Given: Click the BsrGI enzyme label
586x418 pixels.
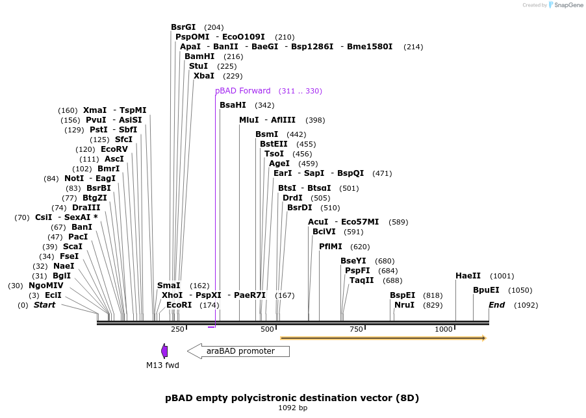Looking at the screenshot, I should [x=183, y=27].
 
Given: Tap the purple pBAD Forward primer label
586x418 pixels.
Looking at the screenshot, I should [x=243, y=91].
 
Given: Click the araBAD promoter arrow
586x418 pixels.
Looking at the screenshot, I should [x=238, y=351].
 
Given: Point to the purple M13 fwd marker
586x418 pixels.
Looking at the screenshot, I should [x=165, y=351].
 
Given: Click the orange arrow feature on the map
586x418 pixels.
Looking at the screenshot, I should [x=383, y=338].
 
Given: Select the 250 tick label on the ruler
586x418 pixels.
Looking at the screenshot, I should [x=178, y=330].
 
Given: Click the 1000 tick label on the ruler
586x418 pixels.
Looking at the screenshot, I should [x=444, y=330].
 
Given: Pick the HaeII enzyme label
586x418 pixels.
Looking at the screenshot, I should [x=468, y=276].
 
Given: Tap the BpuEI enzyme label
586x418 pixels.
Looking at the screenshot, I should [x=486, y=290].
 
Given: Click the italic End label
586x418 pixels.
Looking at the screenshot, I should [x=496, y=305].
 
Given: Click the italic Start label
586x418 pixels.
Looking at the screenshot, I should [x=44, y=305].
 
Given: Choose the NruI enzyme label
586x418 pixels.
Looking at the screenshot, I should [x=404, y=305].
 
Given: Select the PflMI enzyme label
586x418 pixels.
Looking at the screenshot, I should [x=331, y=247].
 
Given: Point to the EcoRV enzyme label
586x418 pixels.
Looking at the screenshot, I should [x=114, y=149].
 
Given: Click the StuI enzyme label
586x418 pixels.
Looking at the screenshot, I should [x=198, y=66].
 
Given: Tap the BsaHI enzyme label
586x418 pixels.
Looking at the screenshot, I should [x=233, y=105].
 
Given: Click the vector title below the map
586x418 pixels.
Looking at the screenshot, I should [x=292, y=397].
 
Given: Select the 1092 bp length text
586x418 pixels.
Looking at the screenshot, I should [x=292, y=408].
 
